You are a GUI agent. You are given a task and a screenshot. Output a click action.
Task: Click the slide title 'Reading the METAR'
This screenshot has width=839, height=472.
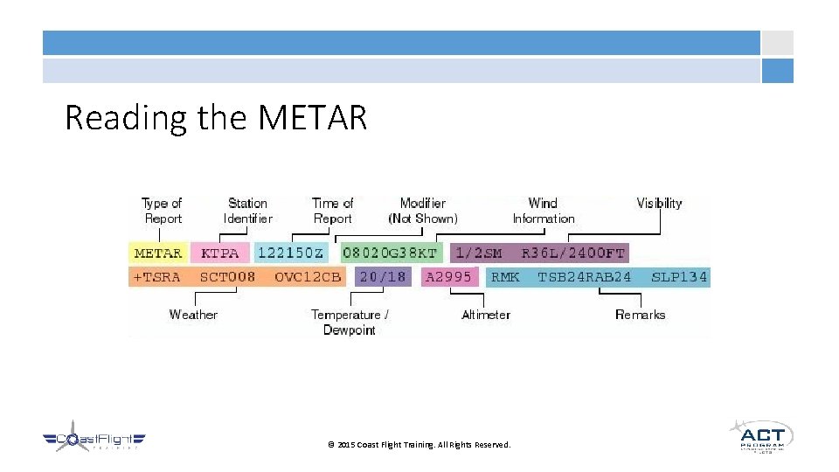click(216, 117)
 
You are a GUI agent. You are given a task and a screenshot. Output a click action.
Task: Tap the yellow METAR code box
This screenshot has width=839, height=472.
click(158, 253)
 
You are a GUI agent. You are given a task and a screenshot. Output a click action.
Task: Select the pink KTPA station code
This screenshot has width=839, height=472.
click(219, 253)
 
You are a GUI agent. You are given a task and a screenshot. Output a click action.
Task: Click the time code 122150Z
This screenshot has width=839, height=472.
click(290, 253)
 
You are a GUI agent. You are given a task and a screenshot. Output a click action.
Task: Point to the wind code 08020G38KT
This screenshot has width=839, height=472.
click(390, 253)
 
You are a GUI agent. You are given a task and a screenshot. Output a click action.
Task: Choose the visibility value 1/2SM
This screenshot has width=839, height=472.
click(479, 253)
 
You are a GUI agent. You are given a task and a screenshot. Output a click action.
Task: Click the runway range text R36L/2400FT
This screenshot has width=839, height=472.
click(573, 253)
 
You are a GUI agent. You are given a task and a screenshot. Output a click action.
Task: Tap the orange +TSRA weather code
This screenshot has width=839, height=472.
click(158, 277)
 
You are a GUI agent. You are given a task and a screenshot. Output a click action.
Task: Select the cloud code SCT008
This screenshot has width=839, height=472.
click(227, 277)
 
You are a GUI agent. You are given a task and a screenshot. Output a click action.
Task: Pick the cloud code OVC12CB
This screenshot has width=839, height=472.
click(307, 277)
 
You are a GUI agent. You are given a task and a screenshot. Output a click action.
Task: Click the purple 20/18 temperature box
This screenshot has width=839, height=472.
click(383, 277)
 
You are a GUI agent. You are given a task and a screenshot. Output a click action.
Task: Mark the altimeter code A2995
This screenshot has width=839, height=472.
click(448, 277)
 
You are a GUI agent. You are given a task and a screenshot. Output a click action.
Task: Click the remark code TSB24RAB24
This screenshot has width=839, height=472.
click(585, 277)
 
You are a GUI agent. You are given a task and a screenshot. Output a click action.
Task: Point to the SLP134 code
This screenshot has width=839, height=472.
click(679, 277)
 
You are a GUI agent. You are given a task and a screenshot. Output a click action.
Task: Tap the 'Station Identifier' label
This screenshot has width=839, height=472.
click(248, 211)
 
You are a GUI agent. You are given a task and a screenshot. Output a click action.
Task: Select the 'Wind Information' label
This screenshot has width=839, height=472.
click(543, 211)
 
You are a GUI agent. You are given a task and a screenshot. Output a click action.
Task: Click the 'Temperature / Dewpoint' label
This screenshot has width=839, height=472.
click(350, 322)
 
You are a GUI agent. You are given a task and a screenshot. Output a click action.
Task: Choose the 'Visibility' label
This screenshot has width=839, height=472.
click(659, 203)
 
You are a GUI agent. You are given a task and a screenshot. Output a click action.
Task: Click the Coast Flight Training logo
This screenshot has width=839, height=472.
click(94, 440)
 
